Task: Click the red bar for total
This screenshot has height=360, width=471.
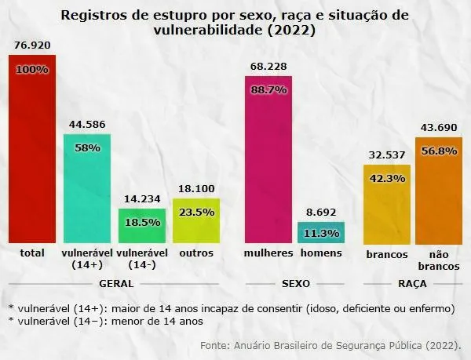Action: coord(32,149)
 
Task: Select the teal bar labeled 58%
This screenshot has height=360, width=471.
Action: coord(87,188)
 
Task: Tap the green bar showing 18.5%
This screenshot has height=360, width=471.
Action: coord(142,226)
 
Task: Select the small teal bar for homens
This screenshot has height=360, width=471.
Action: coord(320,232)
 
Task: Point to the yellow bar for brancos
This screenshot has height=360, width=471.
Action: coord(386,204)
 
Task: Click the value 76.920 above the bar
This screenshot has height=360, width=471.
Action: coord(32,45)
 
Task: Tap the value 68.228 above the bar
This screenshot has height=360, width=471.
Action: coord(268,66)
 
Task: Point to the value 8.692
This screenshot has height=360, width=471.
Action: coord(320,212)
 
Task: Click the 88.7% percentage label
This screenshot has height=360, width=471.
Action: coord(268,91)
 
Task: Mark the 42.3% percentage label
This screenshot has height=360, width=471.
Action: coord(386,178)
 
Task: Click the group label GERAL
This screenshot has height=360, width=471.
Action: coord(115,283)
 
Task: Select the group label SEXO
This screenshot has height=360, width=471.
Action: coord(294,283)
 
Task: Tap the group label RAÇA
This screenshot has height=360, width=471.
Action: coord(411,283)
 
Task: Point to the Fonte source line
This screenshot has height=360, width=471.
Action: coord(330,344)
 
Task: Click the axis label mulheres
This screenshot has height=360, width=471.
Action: coord(268,253)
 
